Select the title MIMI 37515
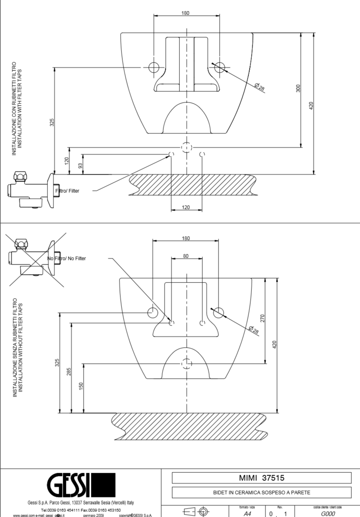point(261,478)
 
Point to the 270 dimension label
point(262,319)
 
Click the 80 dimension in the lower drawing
point(186,255)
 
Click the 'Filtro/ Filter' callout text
point(67,191)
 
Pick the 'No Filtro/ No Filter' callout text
point(67,258)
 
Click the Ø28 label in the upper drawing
point(260,87)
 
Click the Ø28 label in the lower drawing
point(254,331)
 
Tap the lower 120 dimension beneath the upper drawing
point(186,207)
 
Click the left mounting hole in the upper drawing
point(154,67)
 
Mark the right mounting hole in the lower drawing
point(218,312)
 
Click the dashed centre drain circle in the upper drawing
point(186,147)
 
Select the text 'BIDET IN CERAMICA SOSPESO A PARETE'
point(261,492)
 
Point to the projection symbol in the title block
point(195,512)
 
